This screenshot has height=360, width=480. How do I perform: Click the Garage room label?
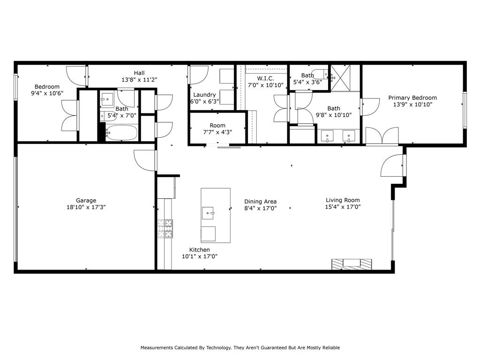coord(86,201)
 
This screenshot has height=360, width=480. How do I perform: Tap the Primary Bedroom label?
coord(412,98)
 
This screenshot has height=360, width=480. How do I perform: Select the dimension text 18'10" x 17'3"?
coord(86,207)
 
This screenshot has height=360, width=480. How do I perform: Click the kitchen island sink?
coord(208,213)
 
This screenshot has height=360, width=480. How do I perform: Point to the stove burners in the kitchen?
coord(165,229)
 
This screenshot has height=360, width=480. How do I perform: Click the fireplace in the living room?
coord(352,264)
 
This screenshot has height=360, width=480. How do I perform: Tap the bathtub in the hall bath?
coord(121,133)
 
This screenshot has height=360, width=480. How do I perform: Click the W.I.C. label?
coord(265,79)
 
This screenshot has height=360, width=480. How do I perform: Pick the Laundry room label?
coord(204,95)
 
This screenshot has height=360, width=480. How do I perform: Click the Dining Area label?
coord(260,202)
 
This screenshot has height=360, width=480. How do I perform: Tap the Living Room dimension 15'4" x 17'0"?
coord(343,207)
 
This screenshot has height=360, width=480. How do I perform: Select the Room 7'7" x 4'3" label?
coord(217,129)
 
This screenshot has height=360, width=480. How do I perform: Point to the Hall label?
coord(139,73)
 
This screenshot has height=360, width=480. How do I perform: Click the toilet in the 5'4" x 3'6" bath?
coord(321,75)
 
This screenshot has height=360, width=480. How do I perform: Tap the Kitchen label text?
coord(200,250)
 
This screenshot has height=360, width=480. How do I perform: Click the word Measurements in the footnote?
coord(157,348)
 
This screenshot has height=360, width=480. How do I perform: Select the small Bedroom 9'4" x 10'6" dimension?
coord(47,93)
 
